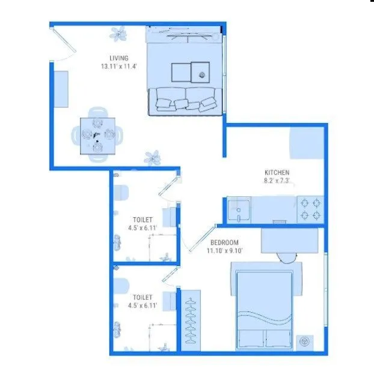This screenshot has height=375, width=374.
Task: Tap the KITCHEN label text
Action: pyautogui.click(x=277, y=172)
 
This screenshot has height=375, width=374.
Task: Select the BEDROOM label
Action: pyautogui.click(x=224, y=243)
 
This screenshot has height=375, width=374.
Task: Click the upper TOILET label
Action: pyautogui.click(x=143, y=220)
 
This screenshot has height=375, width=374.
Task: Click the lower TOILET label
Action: pyautogui.click(x=143, y=297)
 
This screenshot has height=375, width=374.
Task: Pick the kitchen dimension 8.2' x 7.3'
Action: pyautogui.click(x=277, y=180)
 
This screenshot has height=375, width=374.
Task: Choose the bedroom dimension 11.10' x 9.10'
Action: pyautogui.click(x=224, y=251)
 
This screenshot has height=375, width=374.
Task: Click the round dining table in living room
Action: pyautogui.click(x=96, y=135)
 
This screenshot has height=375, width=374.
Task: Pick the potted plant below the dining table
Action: pyautogui.click(x=153, y=157)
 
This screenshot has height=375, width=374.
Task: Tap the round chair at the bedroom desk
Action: pyautogui.click(x=288, y=257)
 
